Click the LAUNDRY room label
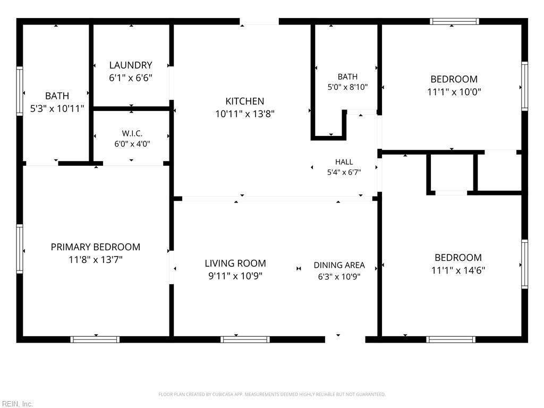coord(131,65)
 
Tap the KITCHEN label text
coord(245,101)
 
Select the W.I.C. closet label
coord(132,133)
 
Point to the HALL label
coord(344,162)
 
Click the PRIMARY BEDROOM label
coord(96,247)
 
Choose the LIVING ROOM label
coord(235,263)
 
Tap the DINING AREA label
coord(339,266)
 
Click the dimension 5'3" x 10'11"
coord(57,109)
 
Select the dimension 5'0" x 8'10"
coord(347,87)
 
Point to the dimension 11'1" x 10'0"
coord(454,92)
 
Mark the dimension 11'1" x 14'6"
coord(458,270)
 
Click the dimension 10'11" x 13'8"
coord(245,114)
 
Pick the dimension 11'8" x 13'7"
coord(96,259)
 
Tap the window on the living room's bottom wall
coord(245,339)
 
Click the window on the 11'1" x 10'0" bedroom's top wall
coord(455,21)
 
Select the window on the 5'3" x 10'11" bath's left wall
coord(20,91)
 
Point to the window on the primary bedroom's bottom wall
coord(95,339)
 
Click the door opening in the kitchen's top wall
coord(259,21)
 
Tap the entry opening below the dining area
coord(345,339)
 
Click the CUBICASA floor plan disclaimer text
coord(272,395)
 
